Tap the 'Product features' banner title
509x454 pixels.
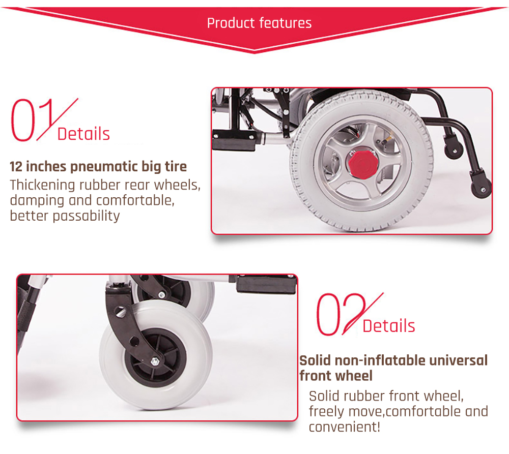point(260,23)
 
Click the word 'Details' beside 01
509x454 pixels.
point(83,134)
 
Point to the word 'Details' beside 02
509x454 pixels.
point(389,326)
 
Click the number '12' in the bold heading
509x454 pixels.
point(16,167)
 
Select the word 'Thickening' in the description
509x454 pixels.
point(43,185)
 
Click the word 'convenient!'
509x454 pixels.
point(345,427)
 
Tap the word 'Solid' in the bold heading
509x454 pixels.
point(315,360)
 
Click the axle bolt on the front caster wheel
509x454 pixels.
point(155,361)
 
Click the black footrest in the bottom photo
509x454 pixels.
point(266,284)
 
